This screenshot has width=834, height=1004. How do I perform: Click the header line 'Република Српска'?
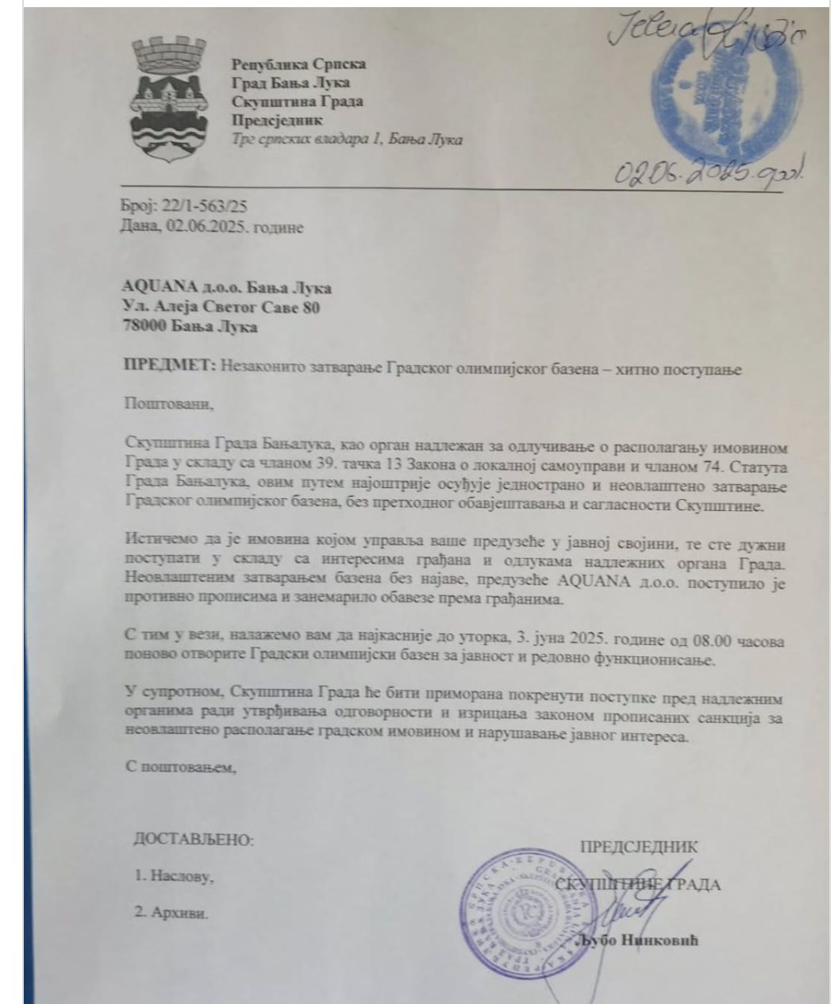[x=298, y=65]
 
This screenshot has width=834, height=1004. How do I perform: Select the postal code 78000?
[x=148, y=325]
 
